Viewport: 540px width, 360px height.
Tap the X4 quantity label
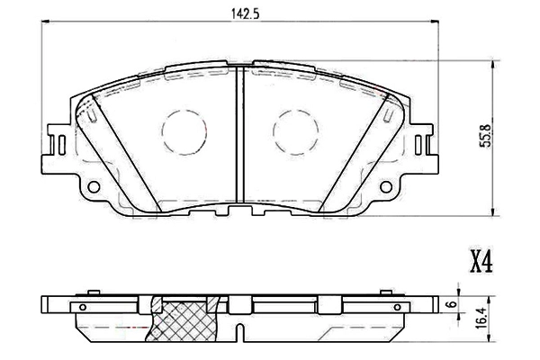[481, 261]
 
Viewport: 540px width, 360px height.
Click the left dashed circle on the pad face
[183, 131]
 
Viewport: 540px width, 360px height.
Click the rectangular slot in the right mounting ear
[421, 143]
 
